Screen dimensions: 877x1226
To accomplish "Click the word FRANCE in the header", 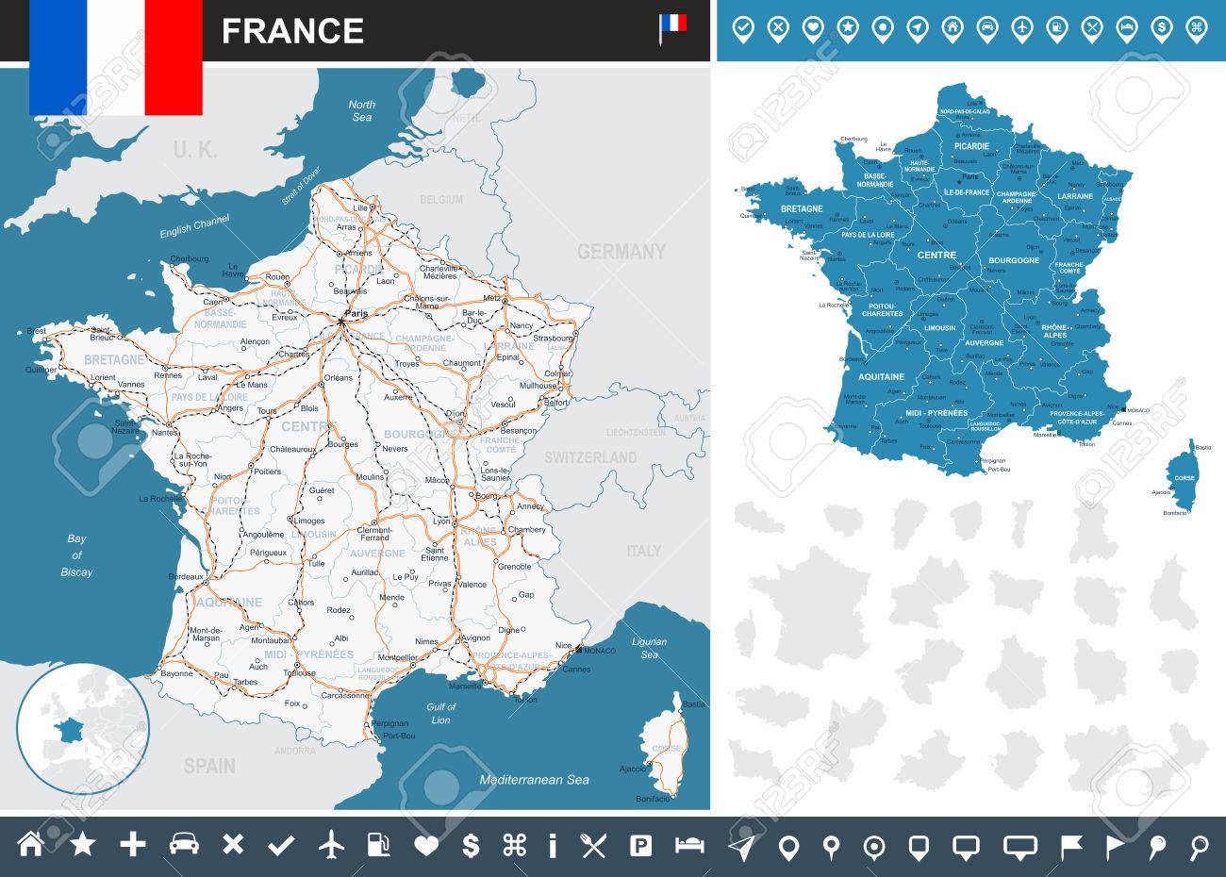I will (x=292, y=31).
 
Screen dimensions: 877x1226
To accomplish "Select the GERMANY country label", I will (x=621, y=252).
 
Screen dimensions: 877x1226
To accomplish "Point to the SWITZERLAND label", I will (x=589, y=457).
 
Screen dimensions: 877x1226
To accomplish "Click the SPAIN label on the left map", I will (x=209, y=766).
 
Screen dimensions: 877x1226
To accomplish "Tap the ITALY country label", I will (x=643, y=551).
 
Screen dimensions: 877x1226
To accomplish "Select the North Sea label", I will (x=361, y=110).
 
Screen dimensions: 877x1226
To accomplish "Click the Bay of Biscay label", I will (x=76, y=555).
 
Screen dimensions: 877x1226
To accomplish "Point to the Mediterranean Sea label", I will (x=534, y=780).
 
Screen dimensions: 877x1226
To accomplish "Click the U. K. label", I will (x=195, y=149).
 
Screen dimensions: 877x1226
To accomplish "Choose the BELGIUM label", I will (x=441, y=200).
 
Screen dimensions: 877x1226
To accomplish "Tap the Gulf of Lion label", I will (x=440, y=713).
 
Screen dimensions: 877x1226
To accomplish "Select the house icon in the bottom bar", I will (x=31, y=845).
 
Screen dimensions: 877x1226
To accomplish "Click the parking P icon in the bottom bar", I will (x=640, y=845).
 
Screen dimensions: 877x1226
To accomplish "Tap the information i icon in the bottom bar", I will (x=553, y=845).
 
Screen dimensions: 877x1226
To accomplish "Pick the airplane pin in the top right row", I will (x=1022, y=29).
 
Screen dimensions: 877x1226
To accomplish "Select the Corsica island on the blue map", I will (x=1182, y=475).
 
